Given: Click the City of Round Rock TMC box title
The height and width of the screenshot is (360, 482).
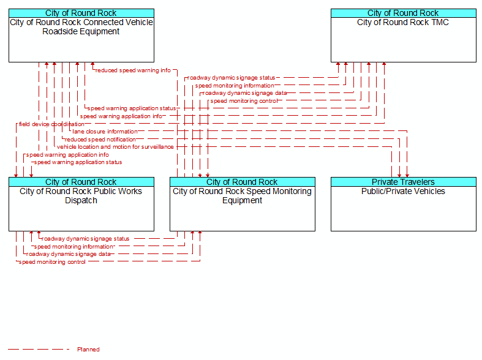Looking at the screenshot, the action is (x=403, y=23).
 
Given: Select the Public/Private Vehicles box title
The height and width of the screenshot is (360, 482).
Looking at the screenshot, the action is (x=403, y=192).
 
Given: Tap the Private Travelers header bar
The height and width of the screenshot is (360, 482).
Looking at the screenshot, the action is (x=404, y=182).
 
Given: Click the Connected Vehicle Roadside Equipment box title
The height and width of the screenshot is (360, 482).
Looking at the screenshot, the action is (x=81, y=27).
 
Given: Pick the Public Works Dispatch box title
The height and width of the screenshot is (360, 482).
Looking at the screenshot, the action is (x=81, y=196).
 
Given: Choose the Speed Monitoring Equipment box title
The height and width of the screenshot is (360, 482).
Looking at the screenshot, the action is (x=243, y=196).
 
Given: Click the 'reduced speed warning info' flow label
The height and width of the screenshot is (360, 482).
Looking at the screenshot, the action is (x=133, y=70).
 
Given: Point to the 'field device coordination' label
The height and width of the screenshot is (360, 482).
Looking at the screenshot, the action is (x=51, y=124).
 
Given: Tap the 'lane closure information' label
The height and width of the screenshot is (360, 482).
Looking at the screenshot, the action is (x=105, y=132).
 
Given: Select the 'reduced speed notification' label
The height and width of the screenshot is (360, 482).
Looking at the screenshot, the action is (x=100, y=140).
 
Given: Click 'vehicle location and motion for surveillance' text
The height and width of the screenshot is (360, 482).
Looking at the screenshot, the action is (x=115, y=147).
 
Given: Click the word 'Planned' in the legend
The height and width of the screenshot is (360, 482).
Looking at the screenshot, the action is (x=88, y=349).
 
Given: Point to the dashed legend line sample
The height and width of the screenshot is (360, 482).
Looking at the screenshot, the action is (x=39, y=349).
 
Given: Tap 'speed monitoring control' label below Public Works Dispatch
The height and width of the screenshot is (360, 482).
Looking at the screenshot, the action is (x=52, y=262).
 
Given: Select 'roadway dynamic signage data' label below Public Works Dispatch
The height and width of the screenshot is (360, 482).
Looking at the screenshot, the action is (x=68, y=254).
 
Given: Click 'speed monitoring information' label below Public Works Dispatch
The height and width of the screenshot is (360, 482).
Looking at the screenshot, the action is (x=73, y=247).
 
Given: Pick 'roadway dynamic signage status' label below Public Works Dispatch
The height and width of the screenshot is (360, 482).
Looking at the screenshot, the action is (x=86, y=239).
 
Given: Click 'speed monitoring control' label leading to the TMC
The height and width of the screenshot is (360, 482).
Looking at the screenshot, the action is (x=244, y=101).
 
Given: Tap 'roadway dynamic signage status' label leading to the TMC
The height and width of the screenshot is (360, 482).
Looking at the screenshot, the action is (x=231, y=78).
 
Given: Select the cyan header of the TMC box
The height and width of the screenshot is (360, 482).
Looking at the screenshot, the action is (x=404, y=13).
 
